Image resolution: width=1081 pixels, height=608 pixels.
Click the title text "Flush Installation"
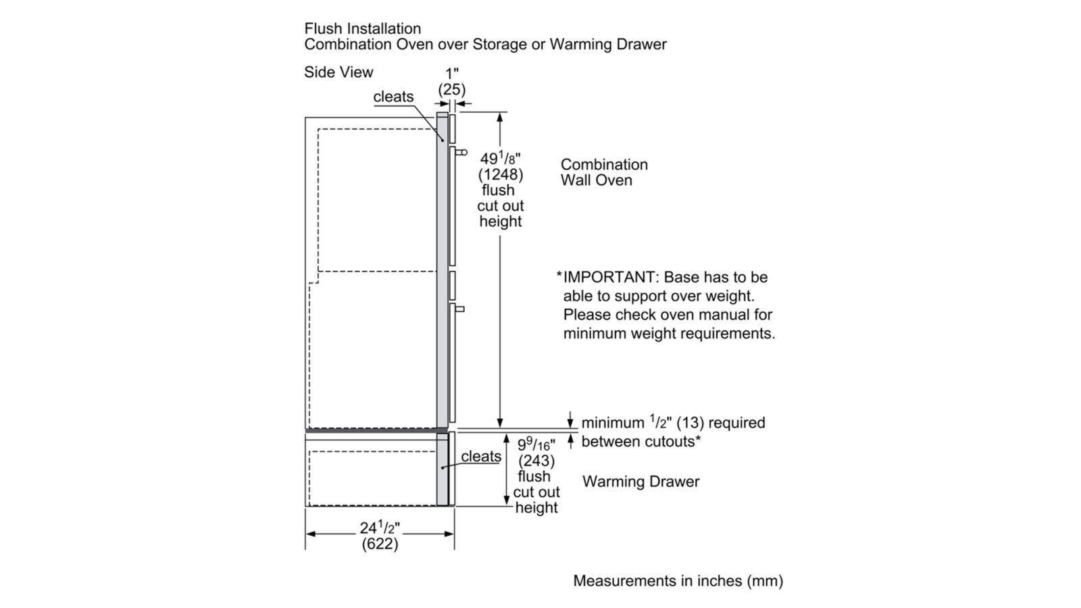click(x=363, y=29)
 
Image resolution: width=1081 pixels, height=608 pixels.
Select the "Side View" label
click(x=338, y=72)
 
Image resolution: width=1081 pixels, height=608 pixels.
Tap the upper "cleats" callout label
click(x=393, y=97)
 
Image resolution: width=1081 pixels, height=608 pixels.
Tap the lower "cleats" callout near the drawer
click(x=481, y=457)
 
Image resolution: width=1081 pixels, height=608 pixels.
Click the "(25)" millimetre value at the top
click(x=452, y=88)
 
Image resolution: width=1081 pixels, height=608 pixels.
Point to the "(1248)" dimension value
click(x=501, y=175)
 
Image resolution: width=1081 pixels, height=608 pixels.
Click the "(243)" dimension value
click(x=536, y=461)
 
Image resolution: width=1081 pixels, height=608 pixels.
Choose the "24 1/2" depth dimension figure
click(x=380, y=528)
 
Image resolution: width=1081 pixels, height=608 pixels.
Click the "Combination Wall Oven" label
click(x=603, y=172)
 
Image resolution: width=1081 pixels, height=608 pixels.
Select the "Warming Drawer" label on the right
click(x=640, y=482)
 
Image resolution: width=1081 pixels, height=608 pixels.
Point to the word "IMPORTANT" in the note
click(x=608, y=278)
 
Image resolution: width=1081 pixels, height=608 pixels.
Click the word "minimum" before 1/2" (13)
click(x=612, y=423)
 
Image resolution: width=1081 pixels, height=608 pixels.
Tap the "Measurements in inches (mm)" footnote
click(x=678, y=581)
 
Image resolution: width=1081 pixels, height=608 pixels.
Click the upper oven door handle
click(x=462, y=153)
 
